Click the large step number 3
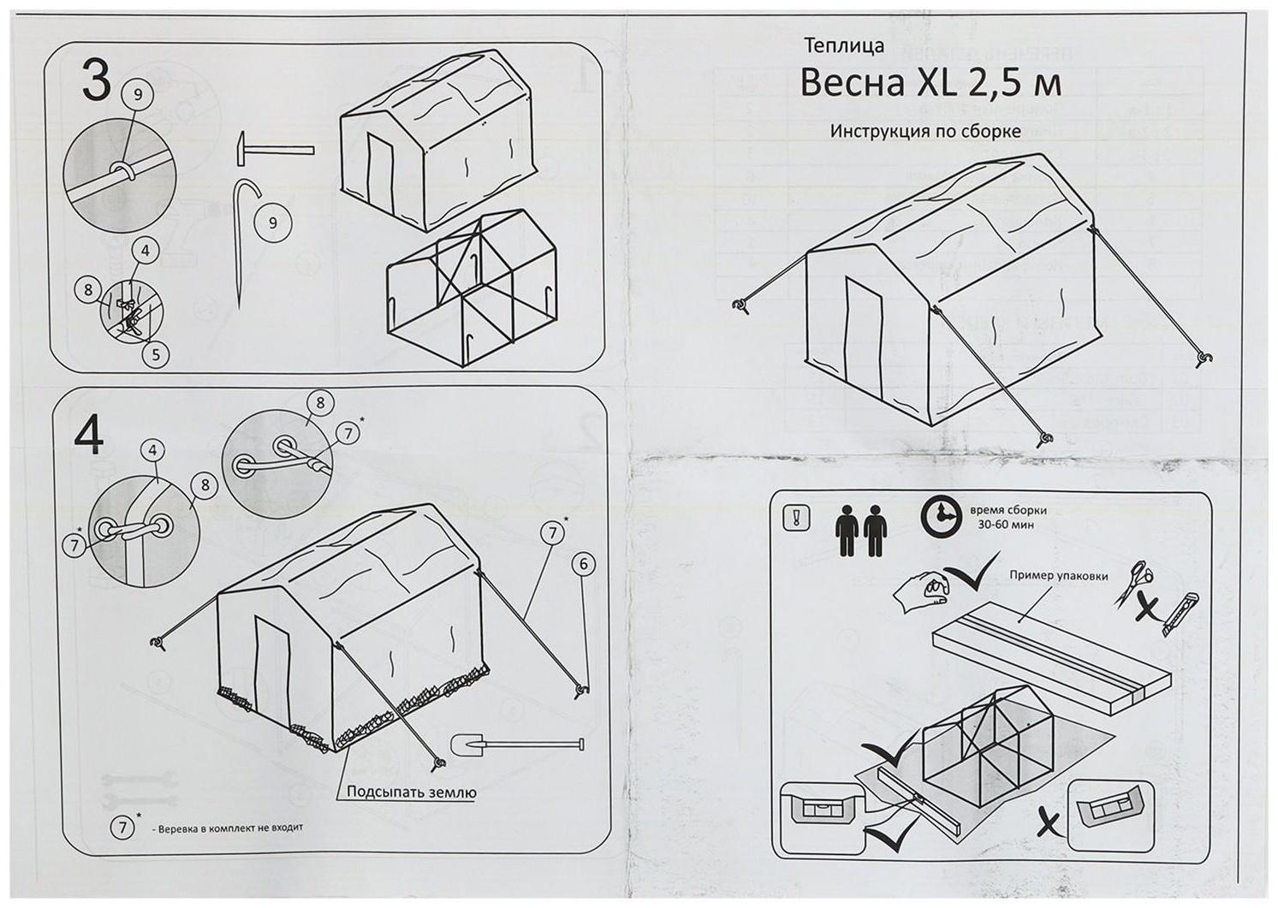click(96, 82)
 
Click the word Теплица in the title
click(844, 46)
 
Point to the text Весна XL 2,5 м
click(930, 83)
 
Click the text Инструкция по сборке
click(924, 132)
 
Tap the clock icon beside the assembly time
click(942, 516)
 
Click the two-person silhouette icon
click(860, 531)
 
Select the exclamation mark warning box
click(796, 518)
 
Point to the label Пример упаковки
click(1058, 576)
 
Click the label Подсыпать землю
click(411, 792)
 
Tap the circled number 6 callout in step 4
click(583, 564)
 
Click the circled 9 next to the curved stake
click(273, 223)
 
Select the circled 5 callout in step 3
click(155, 353)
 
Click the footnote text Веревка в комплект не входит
click(230, 828)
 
